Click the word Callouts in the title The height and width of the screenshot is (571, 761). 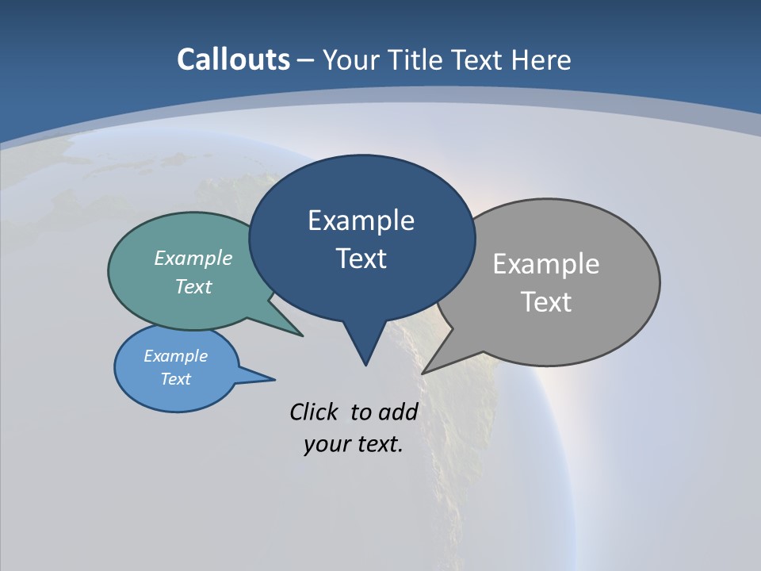click(233, 59)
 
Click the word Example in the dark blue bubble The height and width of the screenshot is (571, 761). click(361, 220)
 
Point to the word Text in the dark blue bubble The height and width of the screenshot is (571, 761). click(361, 259)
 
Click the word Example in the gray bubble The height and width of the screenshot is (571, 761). click(545, 264)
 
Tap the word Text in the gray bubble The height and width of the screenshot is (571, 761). click(547, 302)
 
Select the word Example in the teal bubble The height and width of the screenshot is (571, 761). click(193, 258)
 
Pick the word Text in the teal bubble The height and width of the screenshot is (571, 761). click(193, 286)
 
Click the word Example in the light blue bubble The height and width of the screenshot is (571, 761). click(175, 356)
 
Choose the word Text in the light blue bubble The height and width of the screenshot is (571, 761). click(176, 379)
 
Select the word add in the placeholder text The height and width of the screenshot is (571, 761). click(398, 412)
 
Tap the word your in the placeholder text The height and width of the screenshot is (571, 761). click(322, 443)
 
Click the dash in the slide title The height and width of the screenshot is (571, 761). click(306, 60)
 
